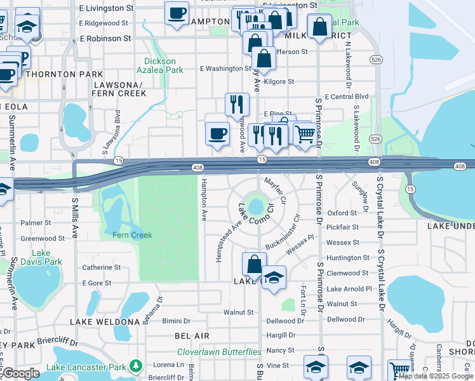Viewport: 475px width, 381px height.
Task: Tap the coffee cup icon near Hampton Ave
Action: coord(217,133)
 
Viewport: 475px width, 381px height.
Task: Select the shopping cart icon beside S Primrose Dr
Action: coord(305,134)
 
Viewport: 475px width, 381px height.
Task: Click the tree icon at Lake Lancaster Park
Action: coord(135,366)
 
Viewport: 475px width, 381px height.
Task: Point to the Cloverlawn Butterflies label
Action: coord(219,352)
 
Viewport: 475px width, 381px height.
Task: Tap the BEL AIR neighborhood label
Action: coord(192,335)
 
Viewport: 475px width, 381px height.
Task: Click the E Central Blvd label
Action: coord(346,97)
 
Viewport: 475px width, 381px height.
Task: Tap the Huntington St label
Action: coord(347,258)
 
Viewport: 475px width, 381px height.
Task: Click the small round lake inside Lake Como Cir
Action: coord(256,206)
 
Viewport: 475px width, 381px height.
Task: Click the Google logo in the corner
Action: coord(21,373)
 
